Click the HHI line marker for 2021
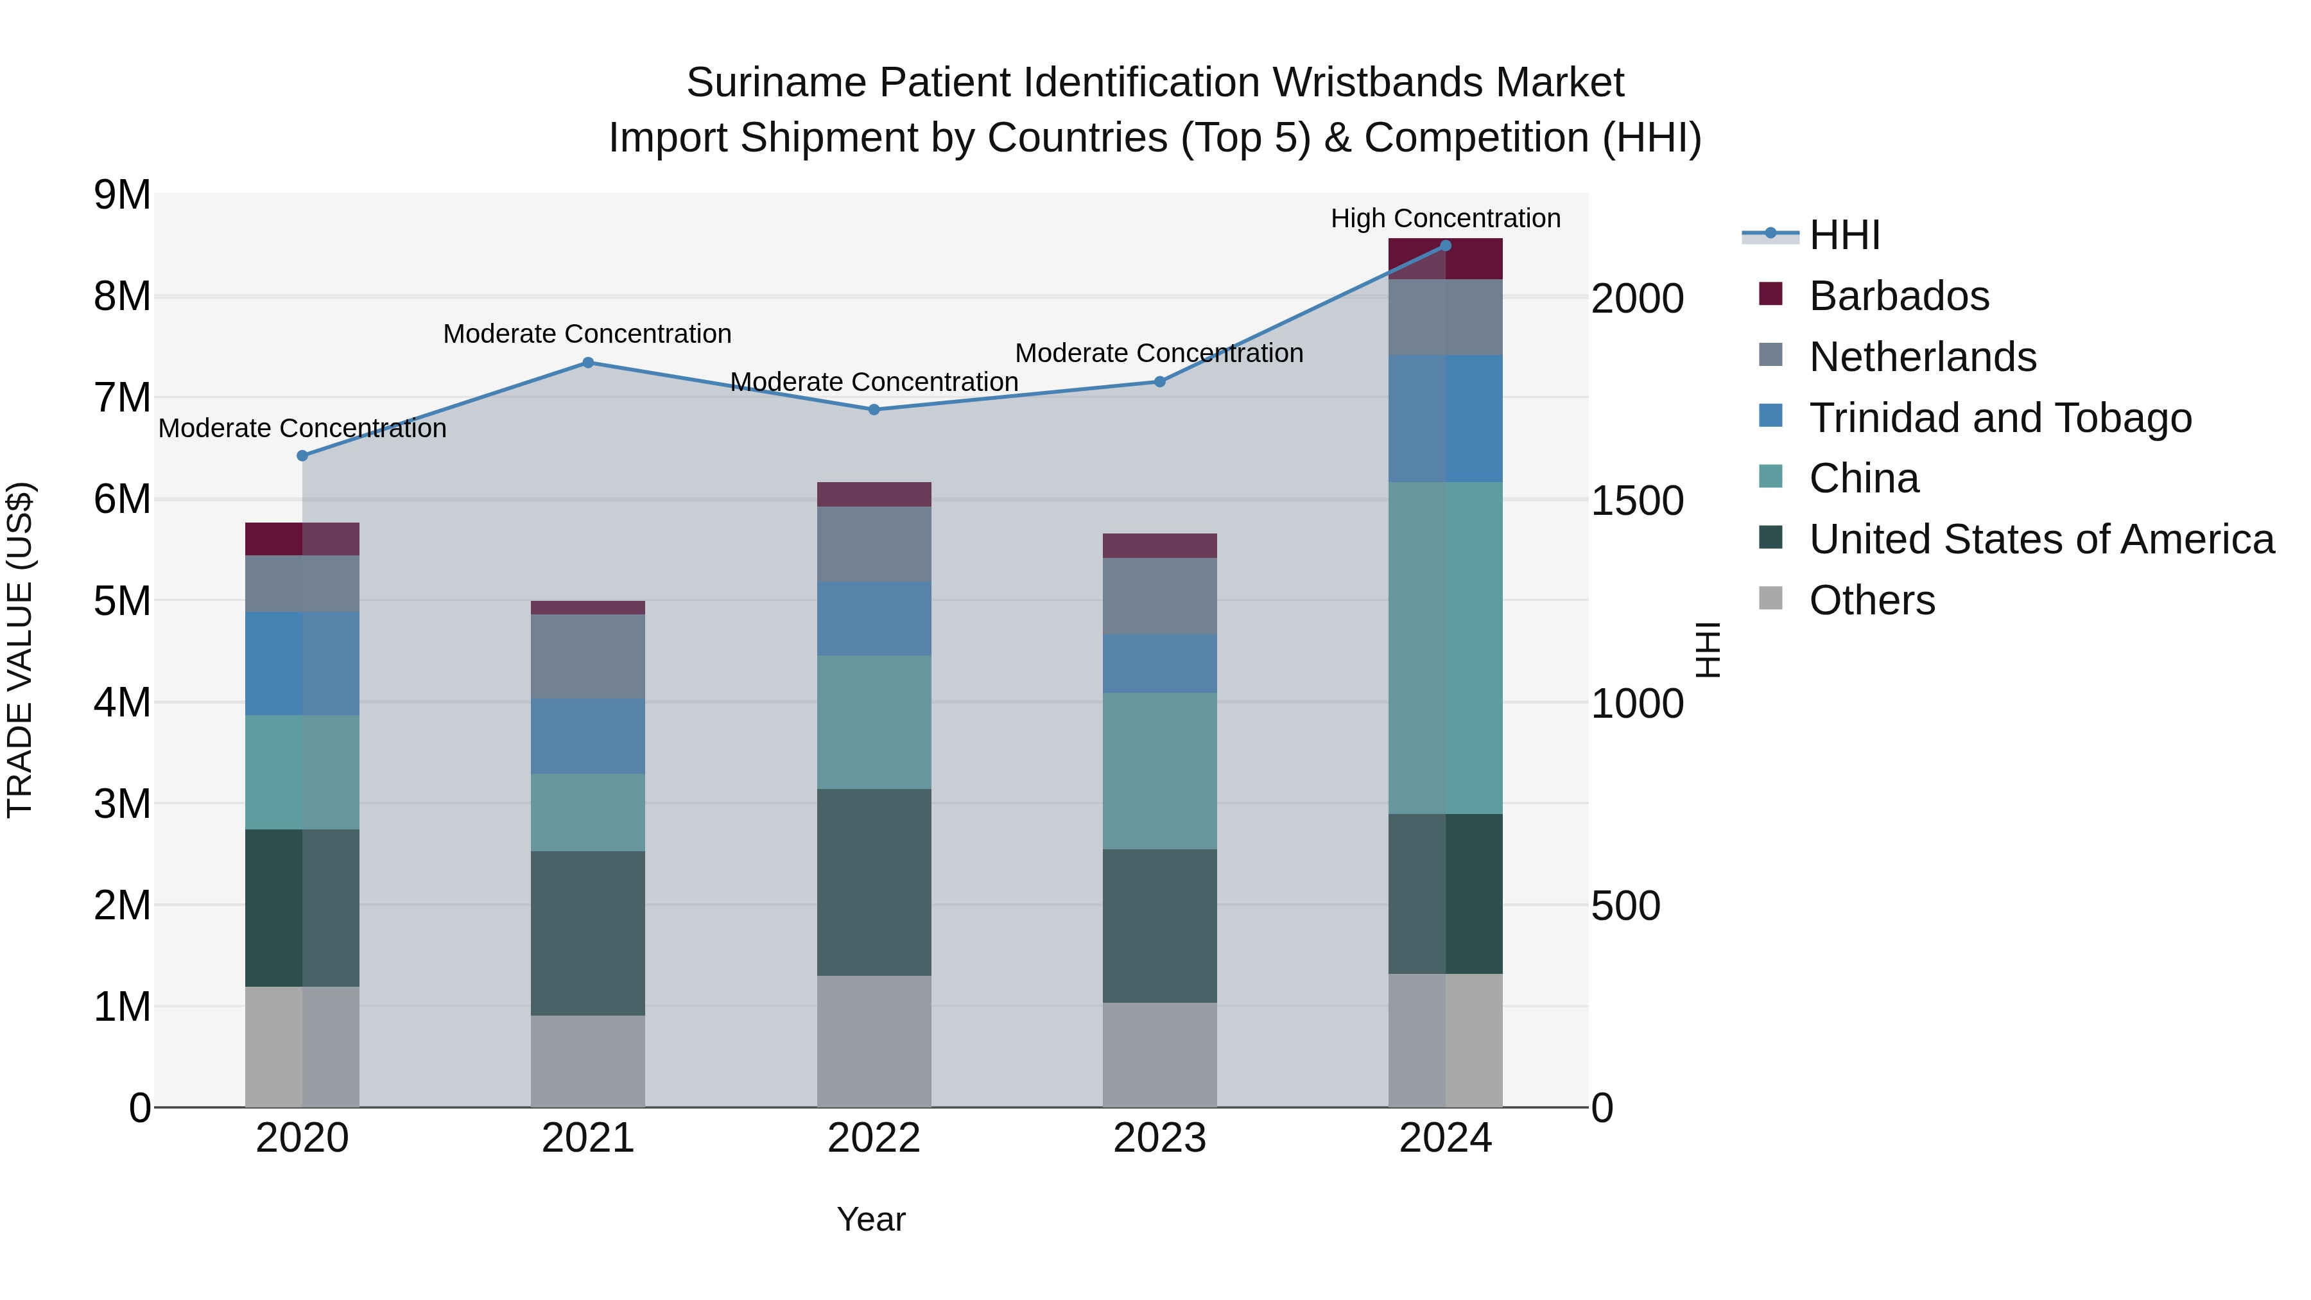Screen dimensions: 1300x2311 [x=587, y=363]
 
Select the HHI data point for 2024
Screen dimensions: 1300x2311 [x=1445, y=246]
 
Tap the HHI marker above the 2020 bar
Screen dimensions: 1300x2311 [x=302, y=456]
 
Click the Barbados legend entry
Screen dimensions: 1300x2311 [x=1898, y=296]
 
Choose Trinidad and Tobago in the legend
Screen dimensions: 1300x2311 [x=2000, y=418]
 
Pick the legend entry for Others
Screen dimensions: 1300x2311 [x=1871, y=600]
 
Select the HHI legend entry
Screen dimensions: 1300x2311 [x=1844, y=235]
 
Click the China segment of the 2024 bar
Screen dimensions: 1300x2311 [x=1445, y=648]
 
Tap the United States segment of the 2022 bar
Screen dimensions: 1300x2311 [x=874, y=882]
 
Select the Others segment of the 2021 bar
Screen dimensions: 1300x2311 [x=587, y=1061]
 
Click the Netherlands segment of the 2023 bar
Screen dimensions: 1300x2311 [x=1159, y=596]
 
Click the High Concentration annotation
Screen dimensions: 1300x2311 [x=1445, y=218]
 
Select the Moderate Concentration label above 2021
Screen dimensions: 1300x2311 [x=587, y=334]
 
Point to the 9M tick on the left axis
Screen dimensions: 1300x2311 [x=122, y=195]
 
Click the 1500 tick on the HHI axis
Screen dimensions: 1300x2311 [x=1636, y=501]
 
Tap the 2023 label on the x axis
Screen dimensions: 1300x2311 [x=1159, y=1138]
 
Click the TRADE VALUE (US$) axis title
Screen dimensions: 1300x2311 [x=20, y=650]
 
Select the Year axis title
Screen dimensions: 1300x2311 [x=870, y=1219]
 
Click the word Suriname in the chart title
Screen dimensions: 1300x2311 [x=777, y=83]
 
